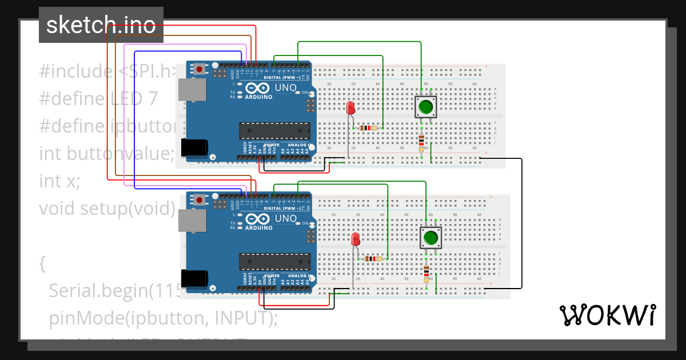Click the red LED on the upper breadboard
coord(351,107)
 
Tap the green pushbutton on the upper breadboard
coord(425,107)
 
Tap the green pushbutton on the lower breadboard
coord(430,237)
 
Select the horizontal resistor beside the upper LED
coord(366,128)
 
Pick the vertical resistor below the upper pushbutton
coord(421,141)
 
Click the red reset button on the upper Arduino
coord(198,69)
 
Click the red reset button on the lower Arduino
coord(198,200)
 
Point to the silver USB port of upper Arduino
coord(192,90)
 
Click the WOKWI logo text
coord(607,314)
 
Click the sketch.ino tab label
coord(101,25)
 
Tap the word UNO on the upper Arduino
coord(286,88)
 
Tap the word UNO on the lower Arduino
coord(286,219)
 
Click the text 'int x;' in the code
coord(59,181)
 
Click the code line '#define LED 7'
coord(98,99)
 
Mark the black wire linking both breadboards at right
coord(521,223)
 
